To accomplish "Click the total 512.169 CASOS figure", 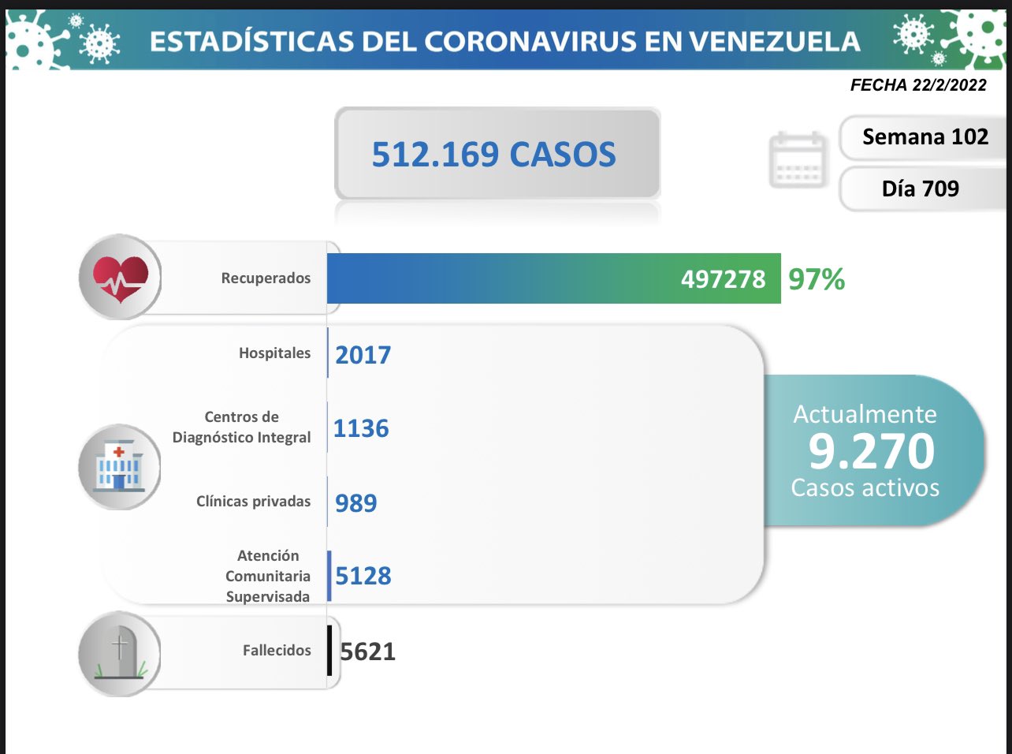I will [494, 155].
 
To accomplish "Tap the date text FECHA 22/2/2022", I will [918, 85].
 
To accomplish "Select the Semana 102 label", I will [925, 137].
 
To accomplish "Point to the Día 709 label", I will [920, 188].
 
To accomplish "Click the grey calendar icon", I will [798, 160].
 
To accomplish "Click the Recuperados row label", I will [266, 278].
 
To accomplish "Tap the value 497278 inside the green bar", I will [723, 279].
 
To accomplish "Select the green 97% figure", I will [817, 279].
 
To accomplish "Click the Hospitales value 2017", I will [363, 355].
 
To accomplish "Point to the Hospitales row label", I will [274, 353].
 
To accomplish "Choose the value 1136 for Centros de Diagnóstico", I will [361, 428].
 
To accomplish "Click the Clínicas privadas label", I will [253, 502].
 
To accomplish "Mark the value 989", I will [355, 502].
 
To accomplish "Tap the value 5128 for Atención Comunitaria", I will [363, 576].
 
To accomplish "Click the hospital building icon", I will [119, 467].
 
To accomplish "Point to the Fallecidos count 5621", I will [367, 651].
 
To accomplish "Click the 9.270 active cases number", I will [871, 451].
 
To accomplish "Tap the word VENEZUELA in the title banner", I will [768, 42].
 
